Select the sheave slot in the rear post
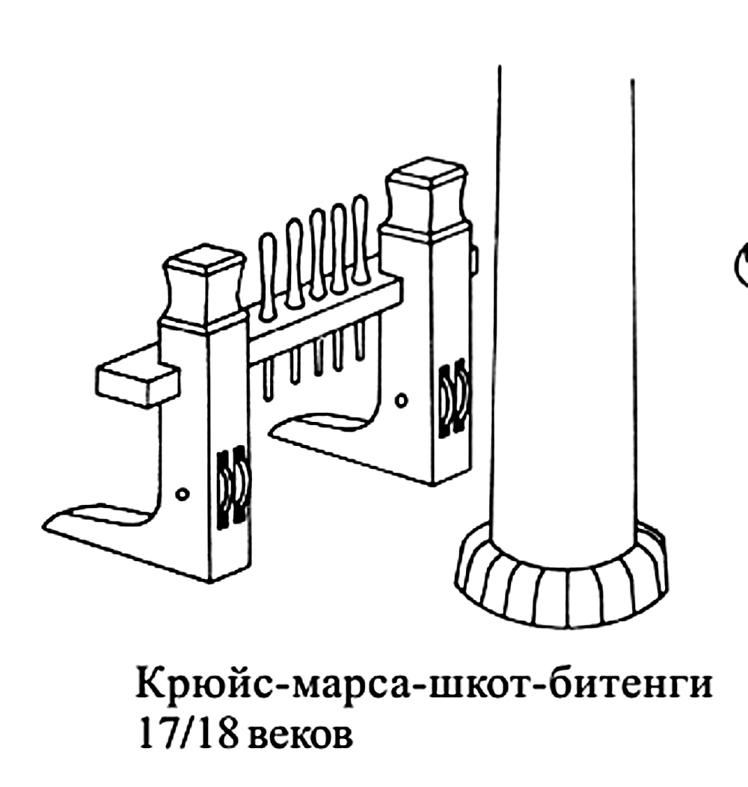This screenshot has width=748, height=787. (x=453, y=398)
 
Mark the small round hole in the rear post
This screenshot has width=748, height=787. (x=402, y=400)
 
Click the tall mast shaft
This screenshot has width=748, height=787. (x=565, y=299)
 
